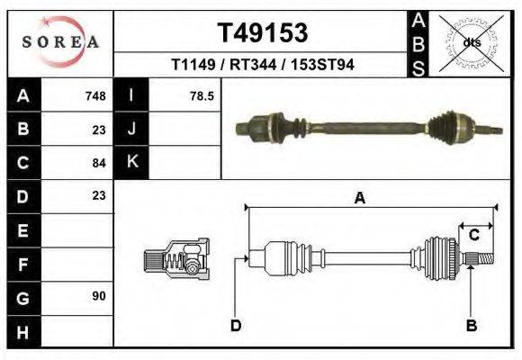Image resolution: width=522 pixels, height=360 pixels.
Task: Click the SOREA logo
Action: [x=60, y=41]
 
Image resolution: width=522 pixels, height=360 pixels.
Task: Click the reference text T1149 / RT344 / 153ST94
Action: [x=263, y=66]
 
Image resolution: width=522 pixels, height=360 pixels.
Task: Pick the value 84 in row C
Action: [x=99, y=163]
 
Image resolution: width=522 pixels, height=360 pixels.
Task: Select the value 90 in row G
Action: [x=99, y=295]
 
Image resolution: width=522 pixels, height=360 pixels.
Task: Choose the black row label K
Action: [x=132, y=162]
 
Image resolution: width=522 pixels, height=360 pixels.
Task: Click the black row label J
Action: [x=132, y=129]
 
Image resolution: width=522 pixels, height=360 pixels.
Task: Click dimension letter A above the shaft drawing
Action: [x=360, y=199]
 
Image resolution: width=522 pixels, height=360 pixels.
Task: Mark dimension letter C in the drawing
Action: [x=473, y=235]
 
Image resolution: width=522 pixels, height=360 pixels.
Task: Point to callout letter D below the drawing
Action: [x=236, y=325]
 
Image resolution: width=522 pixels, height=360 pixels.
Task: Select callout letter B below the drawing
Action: [x=470, y=325]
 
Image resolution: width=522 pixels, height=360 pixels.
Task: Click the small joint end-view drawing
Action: [x=176, y=259]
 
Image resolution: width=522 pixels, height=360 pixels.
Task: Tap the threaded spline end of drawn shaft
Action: [x=482, y=260]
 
